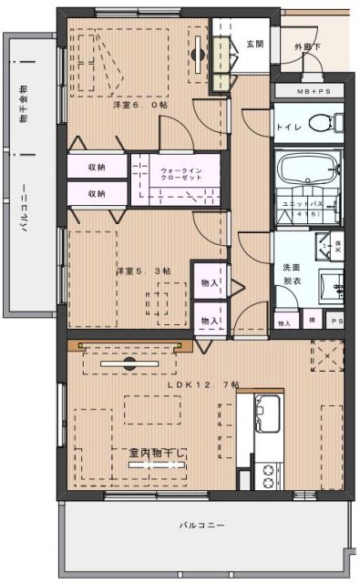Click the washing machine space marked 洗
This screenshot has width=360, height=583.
pos(337,244)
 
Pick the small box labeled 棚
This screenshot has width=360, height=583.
pos(312,322)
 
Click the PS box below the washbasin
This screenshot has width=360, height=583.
pos(336,322)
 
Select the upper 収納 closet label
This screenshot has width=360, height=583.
pos(97,168)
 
